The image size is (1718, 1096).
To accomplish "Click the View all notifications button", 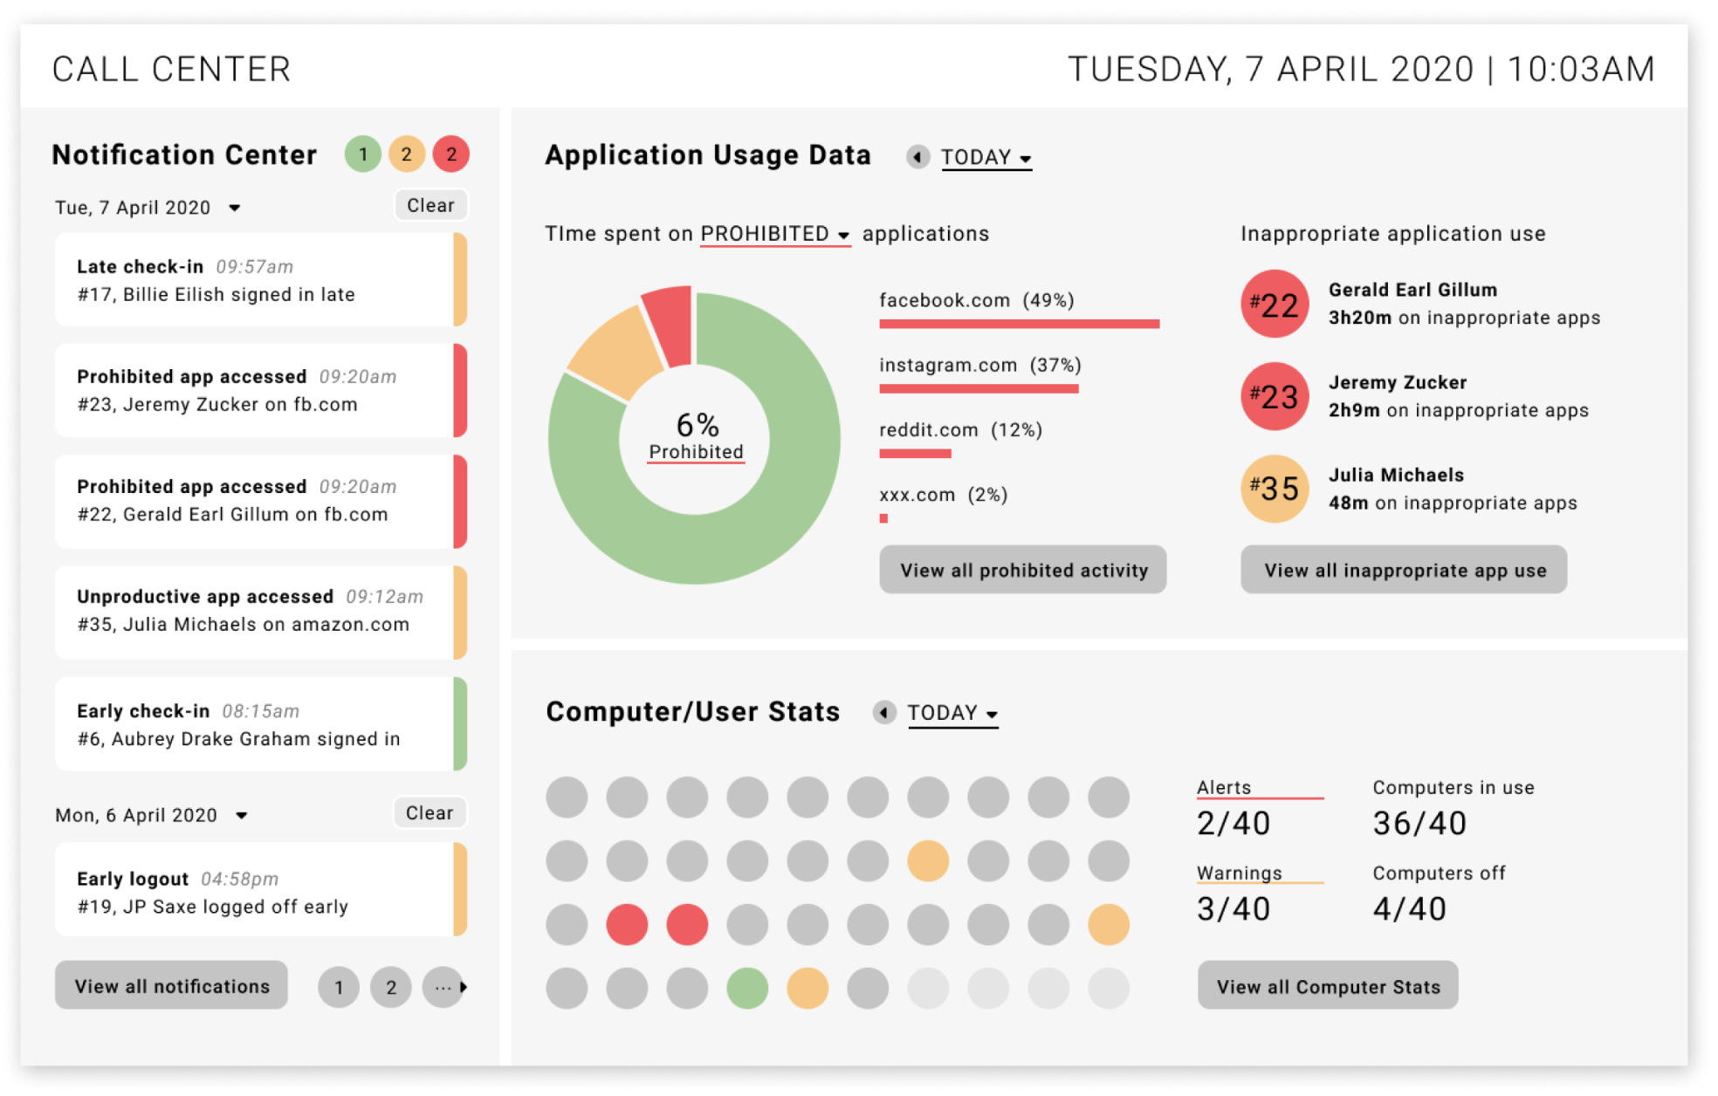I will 171,986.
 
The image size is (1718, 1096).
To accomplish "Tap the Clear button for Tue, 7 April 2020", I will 430,205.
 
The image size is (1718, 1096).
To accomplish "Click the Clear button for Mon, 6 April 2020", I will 429,812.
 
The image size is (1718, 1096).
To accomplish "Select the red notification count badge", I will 451,154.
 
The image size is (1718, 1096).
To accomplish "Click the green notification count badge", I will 362,154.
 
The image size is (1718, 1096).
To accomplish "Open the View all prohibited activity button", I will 1022,570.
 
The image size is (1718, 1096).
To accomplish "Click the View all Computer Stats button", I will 1327,986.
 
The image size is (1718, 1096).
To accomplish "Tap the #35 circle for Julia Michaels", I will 1275,489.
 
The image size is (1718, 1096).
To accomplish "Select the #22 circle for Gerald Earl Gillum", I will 1275,305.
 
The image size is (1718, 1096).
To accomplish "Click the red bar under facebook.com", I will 1019,324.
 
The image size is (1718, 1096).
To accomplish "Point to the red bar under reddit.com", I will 915,454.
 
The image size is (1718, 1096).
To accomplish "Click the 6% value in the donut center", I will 697,425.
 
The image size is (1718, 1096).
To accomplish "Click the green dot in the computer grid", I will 747,988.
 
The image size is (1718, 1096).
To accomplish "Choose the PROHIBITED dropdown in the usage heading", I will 774,234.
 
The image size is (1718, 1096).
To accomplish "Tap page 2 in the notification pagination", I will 391,987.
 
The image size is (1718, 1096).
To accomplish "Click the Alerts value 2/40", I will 1233,823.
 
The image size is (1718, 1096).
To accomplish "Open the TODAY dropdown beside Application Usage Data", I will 986,157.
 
